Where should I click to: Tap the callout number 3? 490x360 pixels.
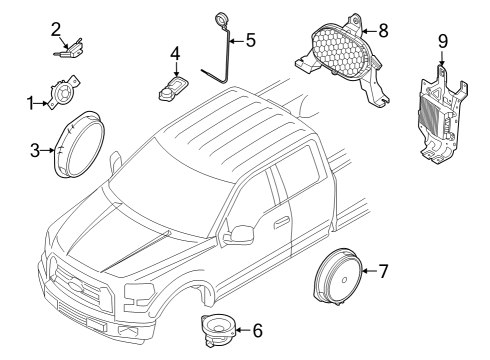tap(34, 150)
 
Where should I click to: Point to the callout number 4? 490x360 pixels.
tap(175, 53)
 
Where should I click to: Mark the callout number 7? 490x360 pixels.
tap(382, 270)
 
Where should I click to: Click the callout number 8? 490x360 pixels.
tap(382, 30)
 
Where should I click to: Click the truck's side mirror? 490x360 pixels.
tap(239, 234)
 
